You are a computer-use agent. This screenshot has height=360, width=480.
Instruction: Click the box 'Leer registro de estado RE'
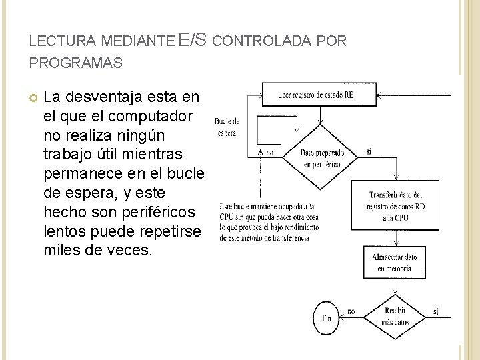point(315,95)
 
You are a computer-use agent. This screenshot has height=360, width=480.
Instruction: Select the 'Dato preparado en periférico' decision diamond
point(321,158)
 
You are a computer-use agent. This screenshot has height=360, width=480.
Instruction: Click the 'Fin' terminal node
point(326,318)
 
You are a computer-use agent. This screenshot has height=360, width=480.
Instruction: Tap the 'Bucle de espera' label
point(227,127)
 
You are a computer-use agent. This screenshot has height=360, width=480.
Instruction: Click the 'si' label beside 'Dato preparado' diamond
point(369,152)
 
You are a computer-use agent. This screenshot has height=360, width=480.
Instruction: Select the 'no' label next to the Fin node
point(351,311)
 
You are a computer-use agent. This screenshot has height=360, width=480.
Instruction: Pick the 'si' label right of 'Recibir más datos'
point(435,311)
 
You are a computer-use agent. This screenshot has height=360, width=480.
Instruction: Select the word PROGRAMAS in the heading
point(75,63)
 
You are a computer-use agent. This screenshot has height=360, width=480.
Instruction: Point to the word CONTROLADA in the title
point(264,41)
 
